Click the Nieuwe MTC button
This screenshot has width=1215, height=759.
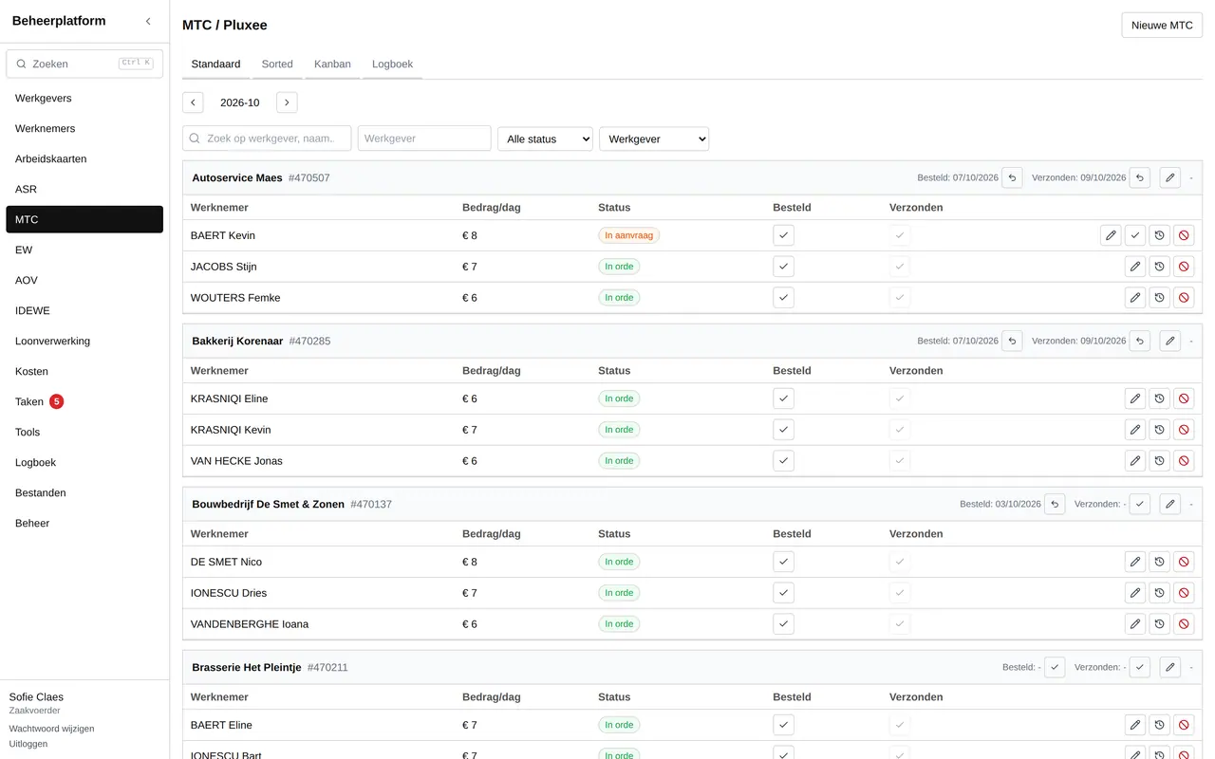click(1161, 26)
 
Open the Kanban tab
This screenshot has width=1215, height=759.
click(332, 64)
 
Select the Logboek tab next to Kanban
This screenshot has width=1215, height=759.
click(392, 64)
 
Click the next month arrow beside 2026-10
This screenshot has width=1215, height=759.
click(287, 102)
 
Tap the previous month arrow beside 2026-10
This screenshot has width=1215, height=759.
click(193, 102)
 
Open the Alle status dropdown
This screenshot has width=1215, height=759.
click(545, 139)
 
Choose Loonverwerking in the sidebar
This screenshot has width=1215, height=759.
click(52, 341)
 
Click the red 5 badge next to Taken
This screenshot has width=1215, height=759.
click(56, 401)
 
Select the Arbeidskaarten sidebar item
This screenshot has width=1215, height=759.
click(51, 158)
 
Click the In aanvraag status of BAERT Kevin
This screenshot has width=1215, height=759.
click(628, 235)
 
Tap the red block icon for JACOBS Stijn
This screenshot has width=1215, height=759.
click(1184, 267)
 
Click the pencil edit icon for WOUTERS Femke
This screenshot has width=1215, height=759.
click(1134, 298)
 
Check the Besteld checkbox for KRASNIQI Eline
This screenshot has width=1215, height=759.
click(783, 398)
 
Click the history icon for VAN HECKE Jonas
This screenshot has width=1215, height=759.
click(1159, 461)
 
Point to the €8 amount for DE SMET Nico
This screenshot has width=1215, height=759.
click(470, 562)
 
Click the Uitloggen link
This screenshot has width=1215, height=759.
click(28, 744)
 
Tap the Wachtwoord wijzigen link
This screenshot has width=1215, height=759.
click(51, 729)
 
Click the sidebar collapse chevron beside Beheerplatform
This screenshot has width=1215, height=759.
click(148, 21)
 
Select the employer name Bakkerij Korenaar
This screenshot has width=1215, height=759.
click(237, 341)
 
